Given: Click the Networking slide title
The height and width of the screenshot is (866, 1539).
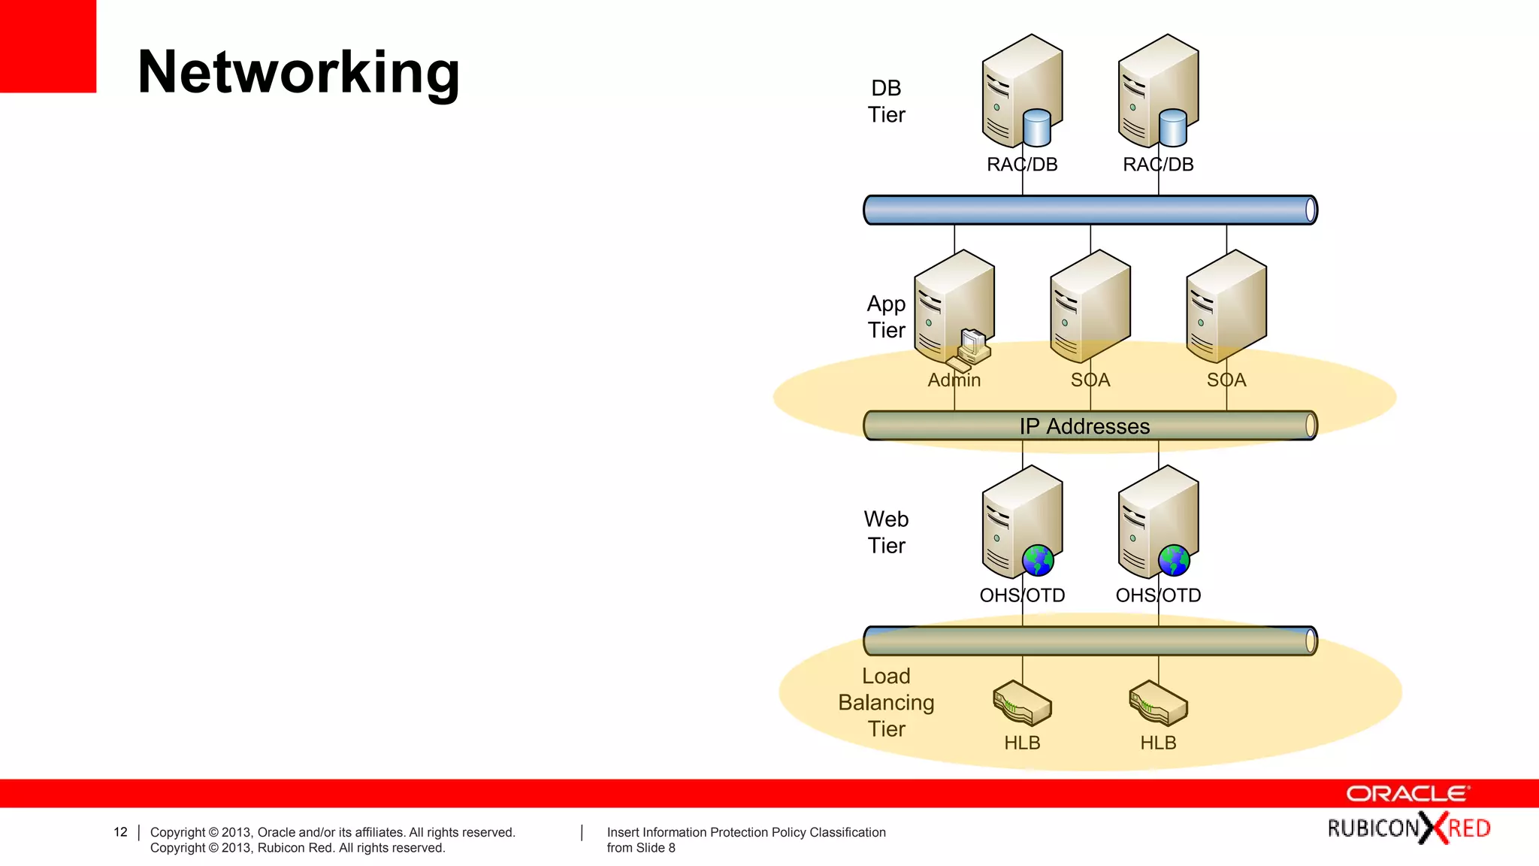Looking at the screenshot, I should click(x=298, y=72).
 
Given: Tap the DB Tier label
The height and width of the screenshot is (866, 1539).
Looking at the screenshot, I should click(x=886, y=101).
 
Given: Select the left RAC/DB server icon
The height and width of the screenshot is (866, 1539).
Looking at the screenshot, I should click(x=1020, y=90).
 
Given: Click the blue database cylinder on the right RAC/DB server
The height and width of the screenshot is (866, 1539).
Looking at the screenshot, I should click(x=1172, y=128).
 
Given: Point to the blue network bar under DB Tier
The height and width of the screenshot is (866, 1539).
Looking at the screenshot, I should click(x=1090, y=210).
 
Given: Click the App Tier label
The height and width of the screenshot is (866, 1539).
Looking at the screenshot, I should click(x=886, y=316).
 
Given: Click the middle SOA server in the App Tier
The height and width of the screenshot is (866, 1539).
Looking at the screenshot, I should click(x=1090, y=304).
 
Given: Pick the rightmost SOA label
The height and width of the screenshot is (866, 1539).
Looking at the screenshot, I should click(x=1226, y=380).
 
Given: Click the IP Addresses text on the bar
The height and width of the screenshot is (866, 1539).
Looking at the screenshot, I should click(x=1084, y=426).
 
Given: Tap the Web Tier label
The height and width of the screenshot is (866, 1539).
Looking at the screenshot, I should click(x=886, y=532).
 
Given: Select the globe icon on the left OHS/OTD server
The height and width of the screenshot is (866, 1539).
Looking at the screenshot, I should click(x=1038, y=560).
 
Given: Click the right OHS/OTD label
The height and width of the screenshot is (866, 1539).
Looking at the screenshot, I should click(x=1158, y=595).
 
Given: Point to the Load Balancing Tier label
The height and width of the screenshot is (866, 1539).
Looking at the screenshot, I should click(x=886, y=702).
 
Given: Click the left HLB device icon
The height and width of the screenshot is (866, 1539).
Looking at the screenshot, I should click(x=1022, y=704).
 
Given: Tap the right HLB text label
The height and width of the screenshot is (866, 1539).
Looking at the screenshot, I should click(x=1158, y=743).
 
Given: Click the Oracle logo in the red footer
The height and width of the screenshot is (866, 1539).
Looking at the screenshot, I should click(x=1407, y=794).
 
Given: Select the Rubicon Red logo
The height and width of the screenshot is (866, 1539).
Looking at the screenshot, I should click(x=1408, y=828).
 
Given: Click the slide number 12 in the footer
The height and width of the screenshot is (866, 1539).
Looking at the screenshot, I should click(x=120, y=832).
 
